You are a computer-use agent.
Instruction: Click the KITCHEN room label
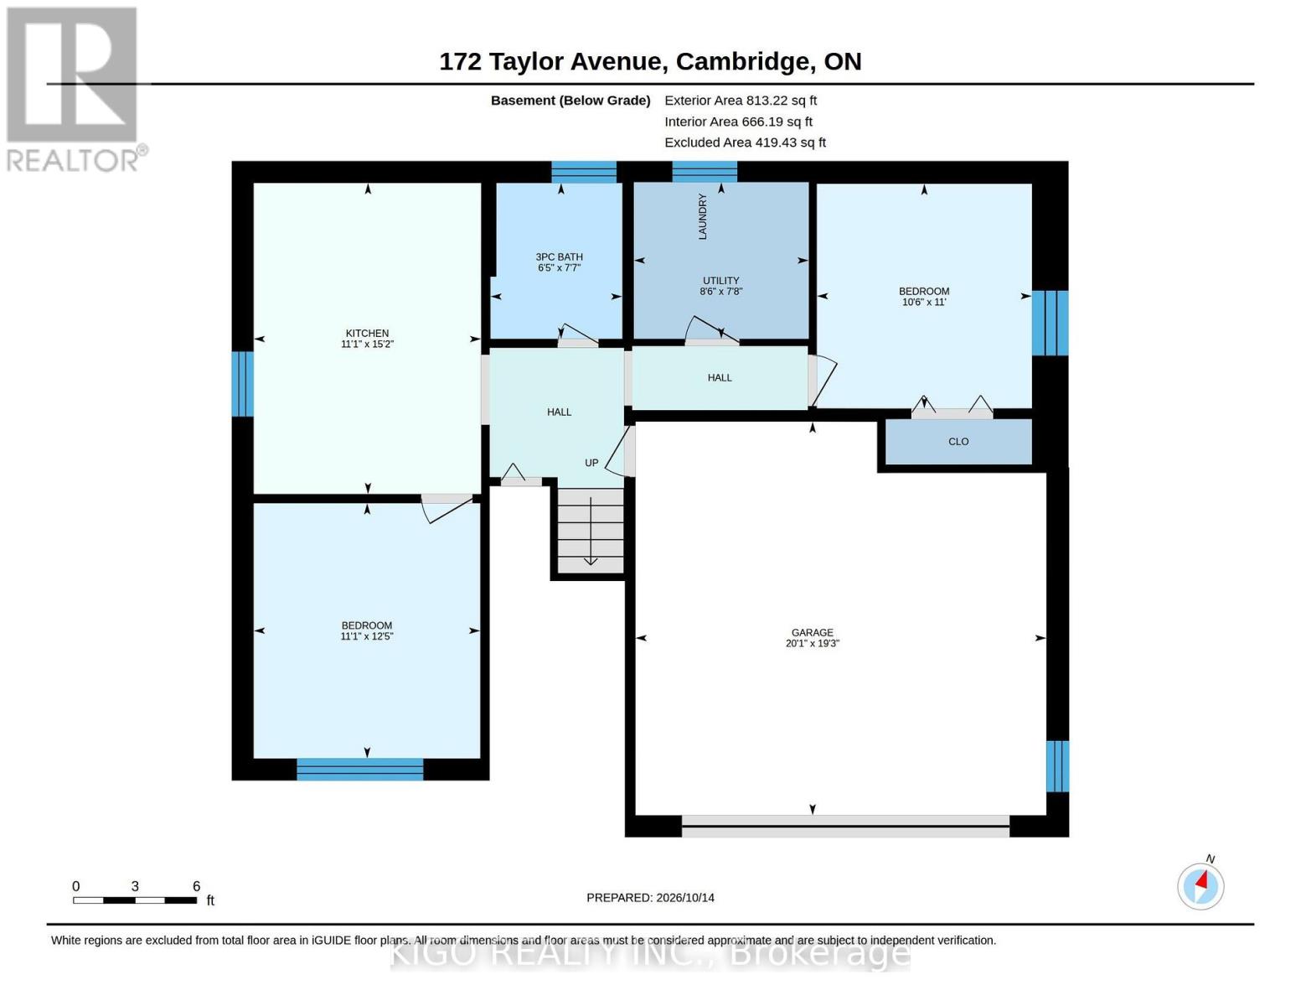pyautogui.click(x=367, y=333)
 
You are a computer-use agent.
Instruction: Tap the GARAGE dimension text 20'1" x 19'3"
pyautogui.click(x=813, y=644)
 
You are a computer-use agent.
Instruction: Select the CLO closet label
pyautogui.click(x=958, y=442)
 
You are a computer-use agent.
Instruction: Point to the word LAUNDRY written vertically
pyautogui.click(x=703, y=216)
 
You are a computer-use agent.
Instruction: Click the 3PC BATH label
pyautogui.click(x=560, y=257)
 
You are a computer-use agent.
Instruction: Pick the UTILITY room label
pyautogui.click(x=720, y=280)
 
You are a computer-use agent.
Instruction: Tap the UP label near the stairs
pyautogui.click(x=591, y=463)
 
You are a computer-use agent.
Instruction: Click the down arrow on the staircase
pyautogui.click(x=591, y=531)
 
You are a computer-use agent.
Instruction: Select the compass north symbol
pyautogui.click(x=1201, y=886)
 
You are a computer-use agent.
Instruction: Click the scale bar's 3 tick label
pyautogui.click(x=136, y=886)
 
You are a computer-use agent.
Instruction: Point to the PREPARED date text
pyautogui.click(x=650, y=898)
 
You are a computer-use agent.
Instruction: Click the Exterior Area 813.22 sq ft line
pyautogui.click(x=741, y=101)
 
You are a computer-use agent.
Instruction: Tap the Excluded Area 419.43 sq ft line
pyautogui.click(x=746, y=143)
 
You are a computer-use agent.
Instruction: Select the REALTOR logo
pyautogui.click(x=74, y=90)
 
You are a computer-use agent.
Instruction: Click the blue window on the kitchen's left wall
pyautogui.click(x=242, y=383)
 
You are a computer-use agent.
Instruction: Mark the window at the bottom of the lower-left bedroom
pyautogui.click(x=360, y=770)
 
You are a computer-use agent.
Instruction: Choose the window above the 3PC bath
pyautogui.click(x=584, y=172)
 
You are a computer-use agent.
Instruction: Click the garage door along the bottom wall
pyautogui.click(x=845, y=826)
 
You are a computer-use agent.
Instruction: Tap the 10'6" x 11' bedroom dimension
pyautogui.click(x=924, y=302)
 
